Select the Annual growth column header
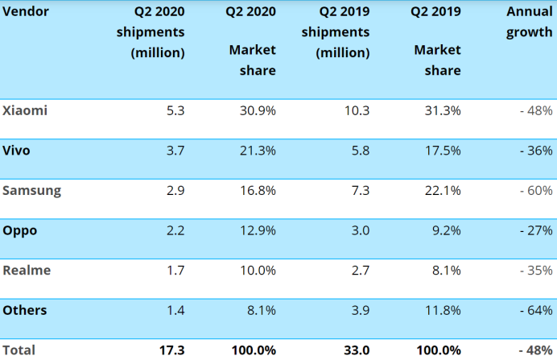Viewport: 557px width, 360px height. click(x=529, y=23)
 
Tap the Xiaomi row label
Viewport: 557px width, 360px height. click(x=25, y=110)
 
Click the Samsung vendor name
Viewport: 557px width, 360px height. click(x=32, y=191)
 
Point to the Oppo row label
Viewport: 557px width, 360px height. click(x=20, y=230)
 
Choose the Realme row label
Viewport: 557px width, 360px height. click(x=27, y=271)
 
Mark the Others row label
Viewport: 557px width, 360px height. click(x=25, y=310)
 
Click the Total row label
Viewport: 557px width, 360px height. click(x=19, y=350)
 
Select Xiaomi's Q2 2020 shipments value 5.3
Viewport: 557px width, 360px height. click(x=176, y=110)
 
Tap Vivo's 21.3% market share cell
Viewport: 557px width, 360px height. click(x=258, y=151)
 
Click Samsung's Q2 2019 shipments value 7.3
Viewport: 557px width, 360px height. click(x=360, y=191)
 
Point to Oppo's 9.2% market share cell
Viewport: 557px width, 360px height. click(x=445, y=230)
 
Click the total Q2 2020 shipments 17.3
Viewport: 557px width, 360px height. click(x=172, y=350)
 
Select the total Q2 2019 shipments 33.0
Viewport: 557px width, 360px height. click(x=356, y=350)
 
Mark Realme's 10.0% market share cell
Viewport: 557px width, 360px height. click(x=258, y=271)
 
